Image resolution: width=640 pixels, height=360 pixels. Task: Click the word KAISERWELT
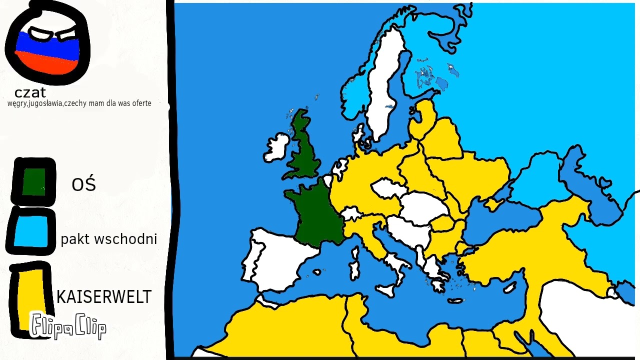103,297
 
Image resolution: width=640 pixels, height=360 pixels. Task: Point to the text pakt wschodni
108,239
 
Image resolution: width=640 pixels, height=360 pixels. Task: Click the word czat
30,92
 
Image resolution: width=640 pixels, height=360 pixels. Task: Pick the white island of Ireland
276,146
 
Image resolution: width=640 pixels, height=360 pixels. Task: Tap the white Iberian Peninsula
275,260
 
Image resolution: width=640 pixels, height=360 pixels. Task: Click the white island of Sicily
385,290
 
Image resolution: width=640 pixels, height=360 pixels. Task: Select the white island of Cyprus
510,287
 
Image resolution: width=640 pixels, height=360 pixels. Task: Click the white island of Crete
455,301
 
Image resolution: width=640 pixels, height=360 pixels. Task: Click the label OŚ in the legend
83,184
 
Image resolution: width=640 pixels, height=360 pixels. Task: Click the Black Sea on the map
500,220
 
